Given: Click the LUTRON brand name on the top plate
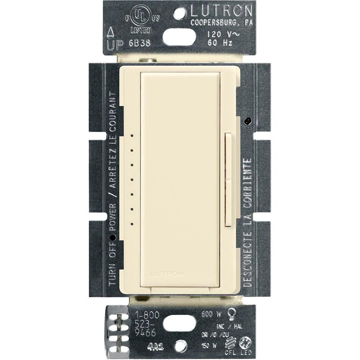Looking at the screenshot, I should pos(221,12).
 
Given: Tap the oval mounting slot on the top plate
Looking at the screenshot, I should pos(180,36).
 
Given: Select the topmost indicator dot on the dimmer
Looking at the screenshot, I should pos(132,136).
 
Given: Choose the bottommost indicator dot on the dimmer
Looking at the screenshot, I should pos(132,223).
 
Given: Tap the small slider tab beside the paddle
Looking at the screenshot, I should pos(228,180).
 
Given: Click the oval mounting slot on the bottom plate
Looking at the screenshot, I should pos(180,324).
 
